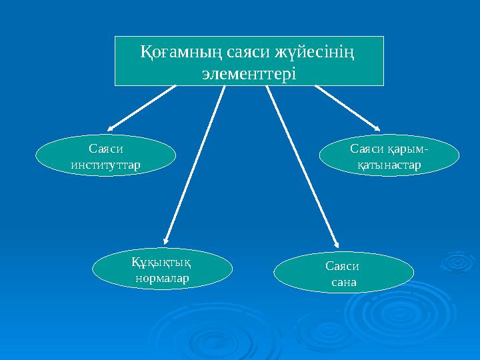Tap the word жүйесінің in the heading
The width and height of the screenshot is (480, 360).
pos(317,51)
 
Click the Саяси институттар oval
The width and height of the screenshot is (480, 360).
pos(105,155)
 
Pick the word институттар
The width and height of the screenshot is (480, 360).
pos(105,163)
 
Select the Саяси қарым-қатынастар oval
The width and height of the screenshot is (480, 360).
pos(389,155)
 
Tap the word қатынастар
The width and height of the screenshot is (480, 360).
pos(389,163)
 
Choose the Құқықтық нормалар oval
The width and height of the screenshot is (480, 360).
pos(162,268)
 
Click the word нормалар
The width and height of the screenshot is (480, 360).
pos(162,276)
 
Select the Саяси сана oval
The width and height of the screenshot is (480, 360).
pos(344,273)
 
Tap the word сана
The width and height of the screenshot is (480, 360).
pos(344,281)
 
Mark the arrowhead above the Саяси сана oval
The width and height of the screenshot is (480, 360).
pos(336,243)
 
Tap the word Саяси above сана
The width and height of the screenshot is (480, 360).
pos(344,265)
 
